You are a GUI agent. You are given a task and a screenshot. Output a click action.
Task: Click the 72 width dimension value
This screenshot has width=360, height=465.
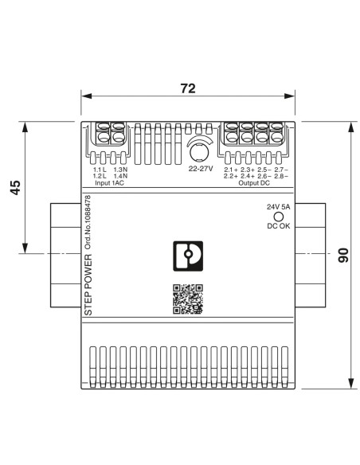(x=188, y=88)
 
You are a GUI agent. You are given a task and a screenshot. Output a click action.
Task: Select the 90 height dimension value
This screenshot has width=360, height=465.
(x=343, y=255)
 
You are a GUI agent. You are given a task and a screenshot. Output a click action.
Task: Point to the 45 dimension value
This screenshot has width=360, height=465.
(x=15, y=187)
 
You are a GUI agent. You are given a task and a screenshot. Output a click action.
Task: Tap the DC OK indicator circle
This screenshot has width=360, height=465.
(x=278, y=217)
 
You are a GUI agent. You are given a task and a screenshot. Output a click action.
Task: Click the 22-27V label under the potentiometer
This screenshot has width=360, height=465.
(x=201, y=169)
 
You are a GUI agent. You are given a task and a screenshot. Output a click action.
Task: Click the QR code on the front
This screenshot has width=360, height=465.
(x=188, y=299)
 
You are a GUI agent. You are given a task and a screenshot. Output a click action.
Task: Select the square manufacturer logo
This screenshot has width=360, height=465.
(x=188, y=256)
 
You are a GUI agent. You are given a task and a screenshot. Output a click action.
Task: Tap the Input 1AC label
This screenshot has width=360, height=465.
(x=109, y=182)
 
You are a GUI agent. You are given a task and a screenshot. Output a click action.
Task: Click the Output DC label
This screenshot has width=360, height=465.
(x=254, y=182)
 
